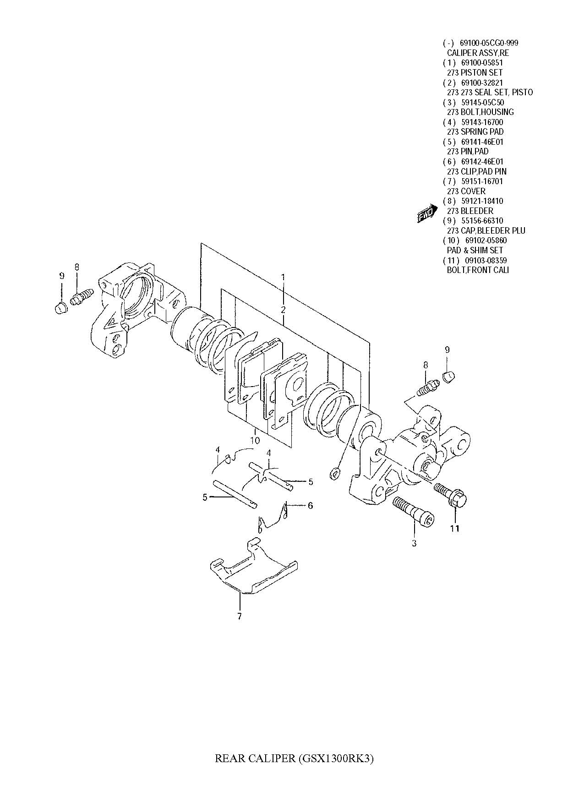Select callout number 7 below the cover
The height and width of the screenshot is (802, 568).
(x=239, y=616)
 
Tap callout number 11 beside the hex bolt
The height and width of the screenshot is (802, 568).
(x=454, y=529)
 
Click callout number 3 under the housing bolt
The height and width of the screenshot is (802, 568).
(x=414, y=543)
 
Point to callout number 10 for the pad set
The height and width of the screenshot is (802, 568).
(x=255, y=441)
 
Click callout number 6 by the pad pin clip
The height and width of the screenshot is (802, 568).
(x=310, y=506)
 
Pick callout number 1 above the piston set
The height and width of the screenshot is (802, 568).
(x=283, y=277)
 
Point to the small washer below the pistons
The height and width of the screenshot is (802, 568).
(x=334, y=473)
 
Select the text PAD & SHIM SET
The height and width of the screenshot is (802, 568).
(x=475, y=250)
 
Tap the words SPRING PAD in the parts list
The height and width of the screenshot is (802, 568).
(x=482, y=132)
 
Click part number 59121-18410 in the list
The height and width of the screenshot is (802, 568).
(x=482, y=201)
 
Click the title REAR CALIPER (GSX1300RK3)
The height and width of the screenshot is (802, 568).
(x=295, y=759)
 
